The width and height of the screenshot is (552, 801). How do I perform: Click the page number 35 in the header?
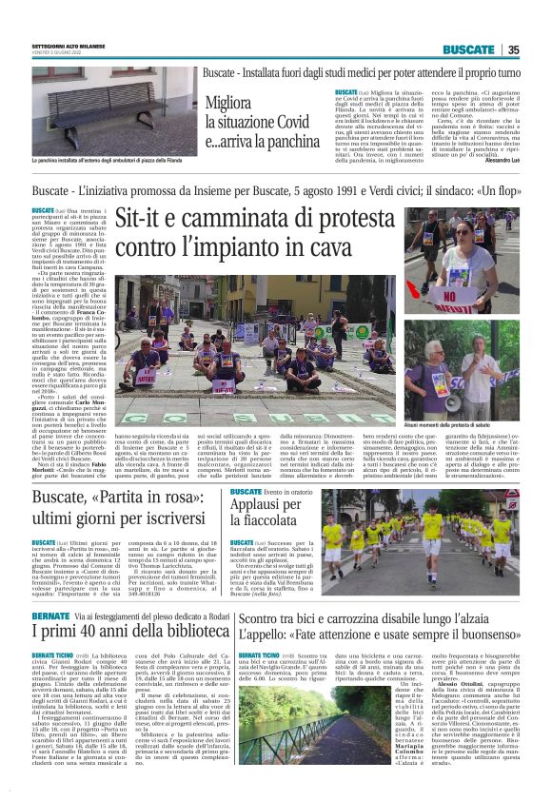[x=513, y=49]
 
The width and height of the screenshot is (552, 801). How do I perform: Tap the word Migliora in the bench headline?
[x=227, y=103]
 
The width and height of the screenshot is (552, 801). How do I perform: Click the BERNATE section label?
[x=50, y=615]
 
